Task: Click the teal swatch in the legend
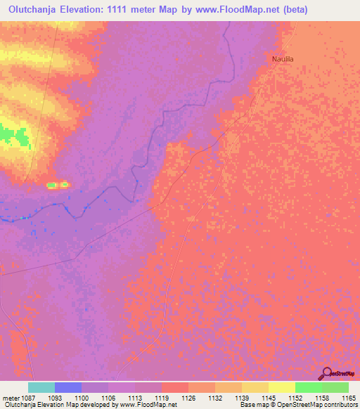41,387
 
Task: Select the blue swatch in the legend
68,387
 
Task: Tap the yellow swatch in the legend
282,387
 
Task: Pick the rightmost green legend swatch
335,387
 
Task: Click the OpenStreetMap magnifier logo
327,374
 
